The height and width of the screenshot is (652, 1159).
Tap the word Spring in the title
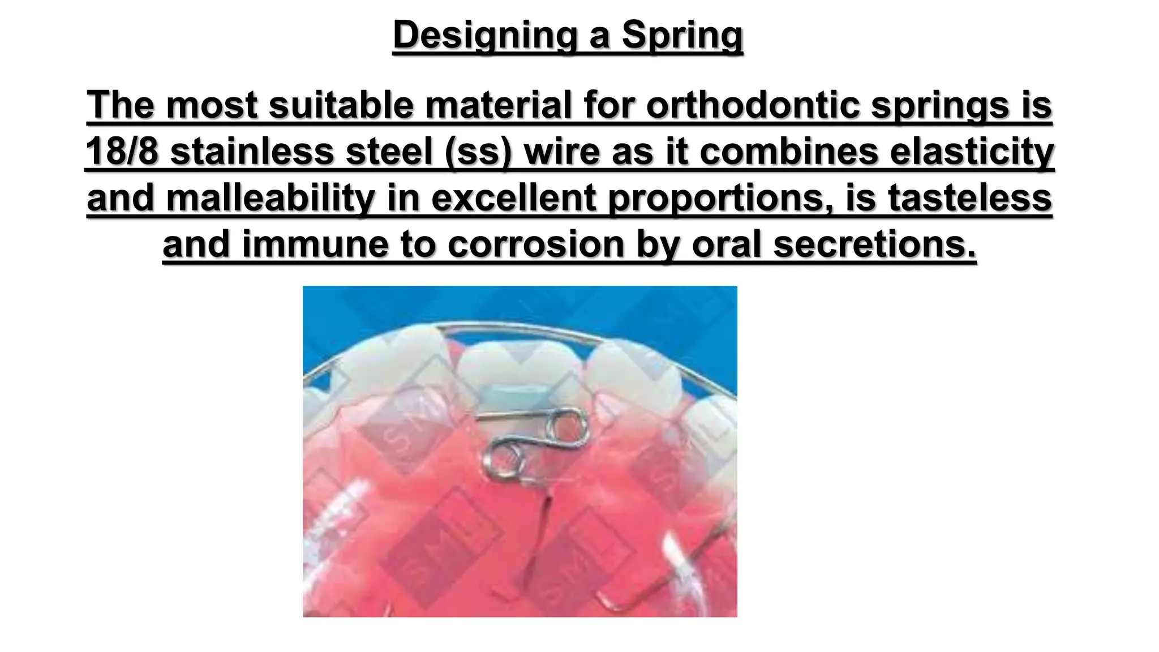click(682, 35)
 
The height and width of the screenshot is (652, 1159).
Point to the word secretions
click(874, 244)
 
